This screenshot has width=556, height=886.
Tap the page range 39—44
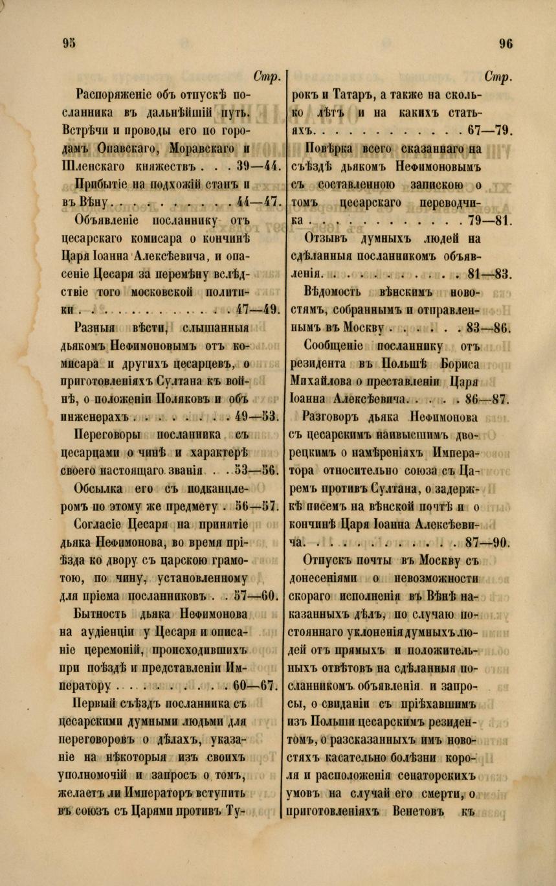coord(257,165)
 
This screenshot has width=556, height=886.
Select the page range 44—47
coord(259,201)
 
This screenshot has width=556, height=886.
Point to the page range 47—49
coord(258,308)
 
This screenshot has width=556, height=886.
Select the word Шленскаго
coord(102,165)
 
